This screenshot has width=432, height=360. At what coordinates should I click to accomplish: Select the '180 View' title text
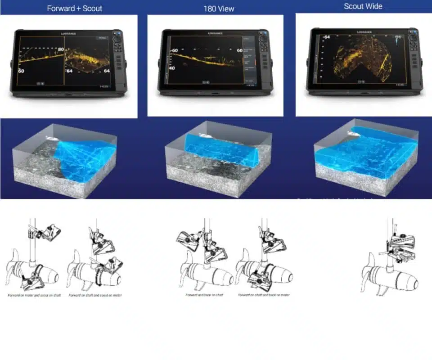(x=219, y=9)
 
